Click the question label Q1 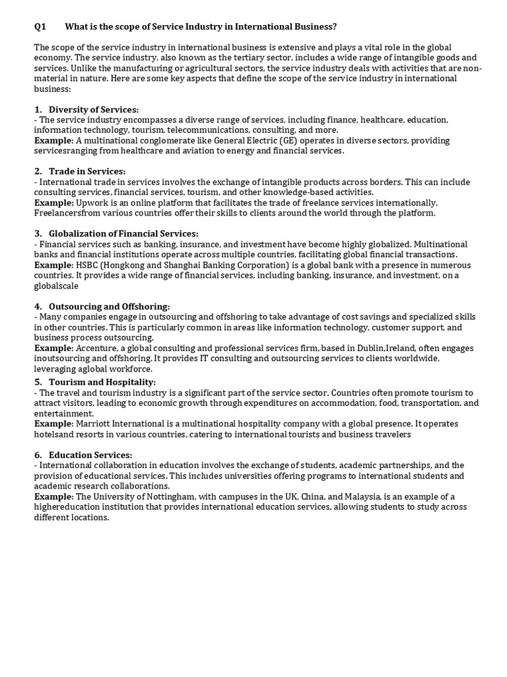(x=40, y=26)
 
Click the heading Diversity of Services (x=94, y=110)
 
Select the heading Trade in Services (x=87, y=172)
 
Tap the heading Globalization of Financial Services (x=123, y=234)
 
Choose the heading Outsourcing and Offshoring (x=110, y=307)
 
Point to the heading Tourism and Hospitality (x=102, y=382)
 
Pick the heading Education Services (x=90, y=455)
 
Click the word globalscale (x=56, y=286)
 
